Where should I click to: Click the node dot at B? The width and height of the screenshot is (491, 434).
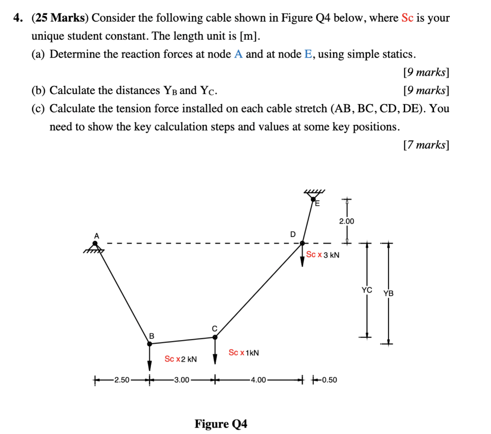[x=150, y=343]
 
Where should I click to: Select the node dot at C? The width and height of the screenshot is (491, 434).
[x=215, y=337]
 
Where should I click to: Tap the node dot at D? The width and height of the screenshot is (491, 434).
[x=302, y=243]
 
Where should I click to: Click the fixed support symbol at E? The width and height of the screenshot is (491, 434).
[x=315, y=196]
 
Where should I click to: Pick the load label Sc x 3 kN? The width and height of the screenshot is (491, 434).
[x=323, y=255]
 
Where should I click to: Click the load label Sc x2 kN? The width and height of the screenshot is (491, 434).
[x=180, y=359]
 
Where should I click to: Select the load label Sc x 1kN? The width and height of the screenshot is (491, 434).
[x=244, y=353]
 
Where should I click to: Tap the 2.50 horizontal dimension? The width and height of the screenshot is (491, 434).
[x=122, y=380]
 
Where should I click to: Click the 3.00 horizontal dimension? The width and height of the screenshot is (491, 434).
[x=182, y=380]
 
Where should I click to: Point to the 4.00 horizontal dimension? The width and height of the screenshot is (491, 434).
[x=258, y=380]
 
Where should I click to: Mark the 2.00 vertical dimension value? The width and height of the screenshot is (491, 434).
[x=346, y=221]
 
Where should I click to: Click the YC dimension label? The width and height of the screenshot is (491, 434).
[x=367, y=290]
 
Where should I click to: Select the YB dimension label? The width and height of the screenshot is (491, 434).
[x=388, y=293]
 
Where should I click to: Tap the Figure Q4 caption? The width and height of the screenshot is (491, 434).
[x=221, y=424]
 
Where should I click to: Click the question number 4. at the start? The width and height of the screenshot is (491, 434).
[x=18, y=18]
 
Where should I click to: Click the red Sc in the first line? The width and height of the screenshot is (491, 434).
[x=407, y=18]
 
